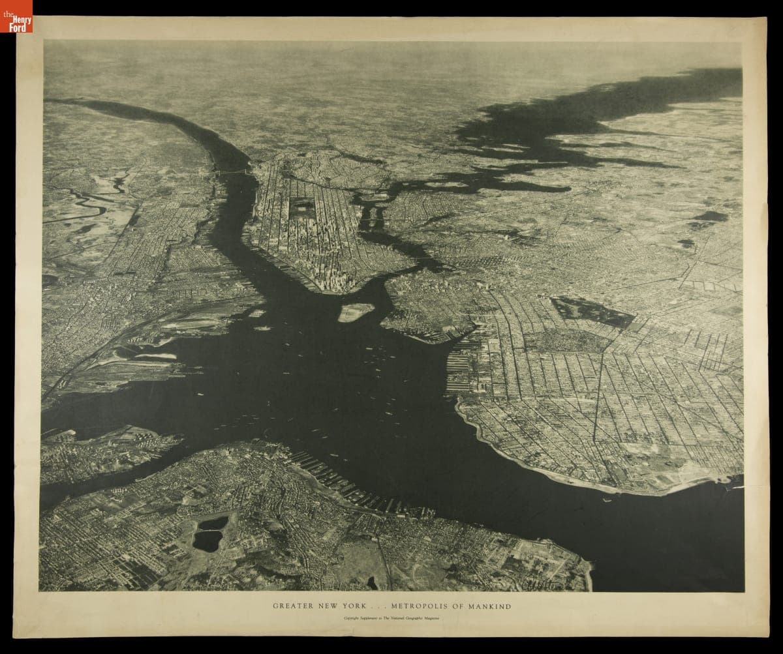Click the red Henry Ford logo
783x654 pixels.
pyautogui.click(x=16, y=16)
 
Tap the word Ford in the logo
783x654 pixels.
pyautogui.click(x=18, y=22)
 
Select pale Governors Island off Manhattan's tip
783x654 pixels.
pyautogui.click(x=356, y=312)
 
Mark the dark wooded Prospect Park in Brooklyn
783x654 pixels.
pyautogui.click(x=591, y=311)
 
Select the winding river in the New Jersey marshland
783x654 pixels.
pyautogui.click(x=91, y=202)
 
